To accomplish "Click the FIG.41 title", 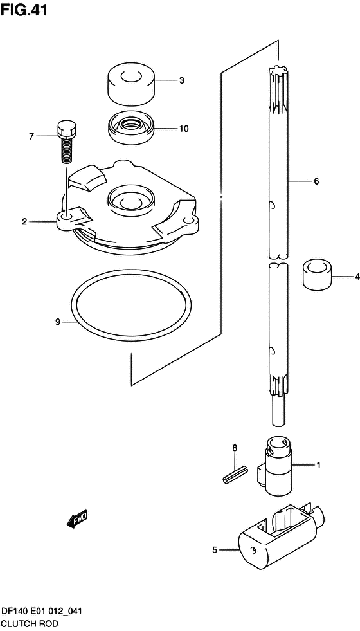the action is [24, 10].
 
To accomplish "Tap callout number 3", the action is [182, 80].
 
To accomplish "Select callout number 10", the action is [183, 129].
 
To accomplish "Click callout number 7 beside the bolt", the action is [31, 136].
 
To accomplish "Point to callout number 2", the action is [24, 221].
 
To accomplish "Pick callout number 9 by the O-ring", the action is [57, 322].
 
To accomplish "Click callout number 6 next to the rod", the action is [316, 181].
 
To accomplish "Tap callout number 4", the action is [357, 277].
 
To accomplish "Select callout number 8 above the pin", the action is [235, 448].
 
